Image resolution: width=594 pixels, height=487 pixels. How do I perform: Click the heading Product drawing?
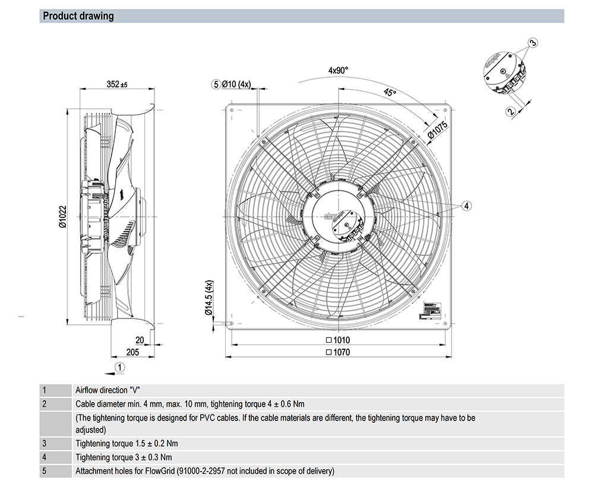tap(78, 16)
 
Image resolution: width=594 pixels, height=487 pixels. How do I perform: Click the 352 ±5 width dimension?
tap(117, 85)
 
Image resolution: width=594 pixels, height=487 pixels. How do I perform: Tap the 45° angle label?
tap(389, 93)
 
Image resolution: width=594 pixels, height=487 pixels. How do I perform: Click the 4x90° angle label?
tap(338, 70)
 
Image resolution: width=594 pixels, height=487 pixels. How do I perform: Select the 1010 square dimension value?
tap(338, 340)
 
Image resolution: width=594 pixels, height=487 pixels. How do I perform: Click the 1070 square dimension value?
tap(338, 352)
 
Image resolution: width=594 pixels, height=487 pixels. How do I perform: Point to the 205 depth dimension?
tap(132, 352)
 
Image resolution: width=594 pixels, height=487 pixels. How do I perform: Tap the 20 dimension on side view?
tap(140, 340)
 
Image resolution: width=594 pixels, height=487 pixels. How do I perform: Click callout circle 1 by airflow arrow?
tap(120, 367)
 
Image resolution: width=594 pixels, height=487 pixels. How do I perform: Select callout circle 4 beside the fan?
tap(467, 205)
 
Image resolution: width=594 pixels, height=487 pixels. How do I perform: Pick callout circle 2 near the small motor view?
tap(510, 110)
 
